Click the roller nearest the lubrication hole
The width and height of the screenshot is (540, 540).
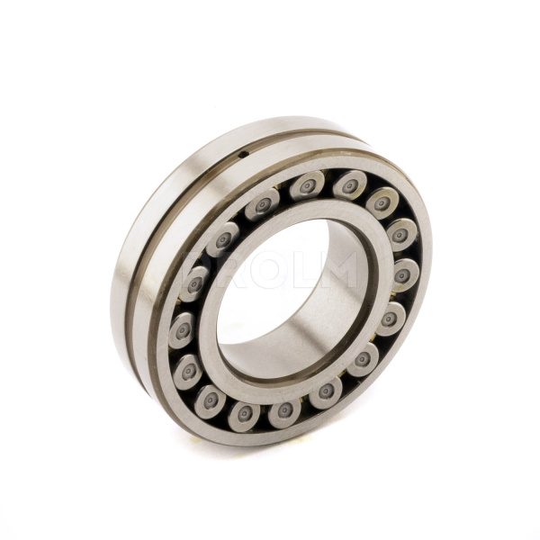tap(262, 205)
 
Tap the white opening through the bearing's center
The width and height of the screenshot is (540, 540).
tap(270, 288)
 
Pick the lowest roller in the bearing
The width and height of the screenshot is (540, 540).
tap(244, 415)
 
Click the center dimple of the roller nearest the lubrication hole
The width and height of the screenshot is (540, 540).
tap(262, 205)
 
